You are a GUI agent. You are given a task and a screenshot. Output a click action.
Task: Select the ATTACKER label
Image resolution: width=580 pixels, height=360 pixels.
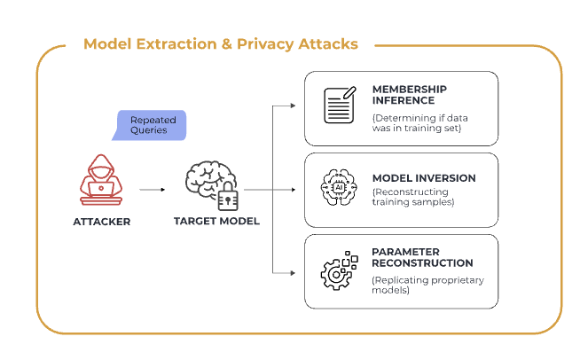101,221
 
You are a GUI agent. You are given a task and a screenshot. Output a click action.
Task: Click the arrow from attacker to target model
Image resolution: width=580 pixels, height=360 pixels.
152,189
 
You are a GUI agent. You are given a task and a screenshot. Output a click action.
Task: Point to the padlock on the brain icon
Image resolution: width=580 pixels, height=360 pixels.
229,199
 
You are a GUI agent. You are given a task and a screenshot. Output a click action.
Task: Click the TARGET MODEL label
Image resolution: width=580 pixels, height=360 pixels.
216,221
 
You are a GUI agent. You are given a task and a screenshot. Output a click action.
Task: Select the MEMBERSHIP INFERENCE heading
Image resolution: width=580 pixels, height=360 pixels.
409,95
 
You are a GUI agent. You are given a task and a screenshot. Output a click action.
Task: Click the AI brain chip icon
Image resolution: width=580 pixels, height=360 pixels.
337,189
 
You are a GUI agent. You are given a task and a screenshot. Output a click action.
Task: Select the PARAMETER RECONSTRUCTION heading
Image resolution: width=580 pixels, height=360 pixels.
422,257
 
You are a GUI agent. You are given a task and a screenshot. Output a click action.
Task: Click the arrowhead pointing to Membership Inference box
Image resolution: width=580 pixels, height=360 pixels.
293,106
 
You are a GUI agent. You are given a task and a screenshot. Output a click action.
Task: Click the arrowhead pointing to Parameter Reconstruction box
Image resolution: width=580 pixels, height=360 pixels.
293,272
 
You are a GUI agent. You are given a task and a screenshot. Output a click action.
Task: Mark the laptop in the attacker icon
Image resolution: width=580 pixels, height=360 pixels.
100,188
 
